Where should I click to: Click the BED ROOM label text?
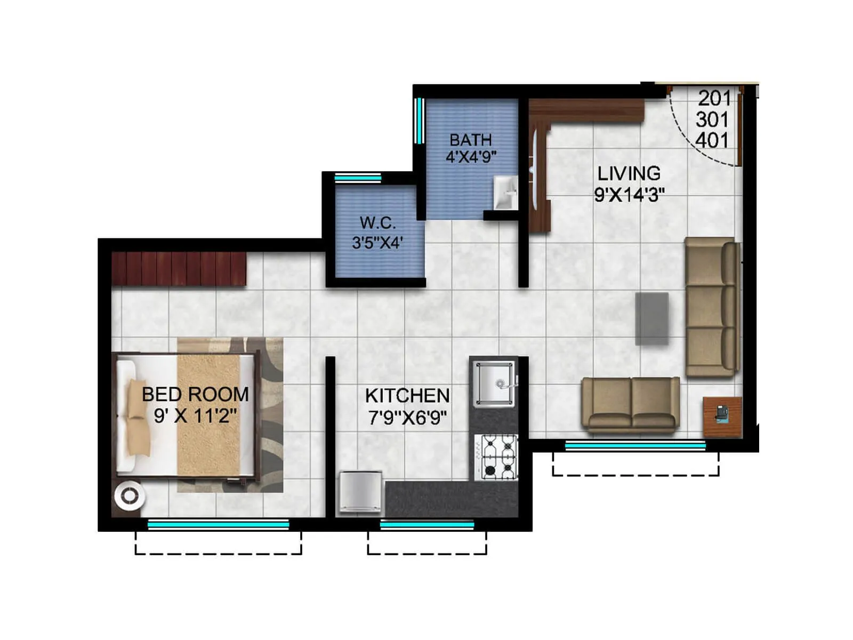click(195, 395)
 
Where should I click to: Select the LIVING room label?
click(629, 173)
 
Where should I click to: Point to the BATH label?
click(470, 140)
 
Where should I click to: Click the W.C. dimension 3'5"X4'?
click(377, 243)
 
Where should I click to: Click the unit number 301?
click(712, 119)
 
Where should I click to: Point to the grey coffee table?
click(651, 318)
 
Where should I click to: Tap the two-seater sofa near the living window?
click(631, 404)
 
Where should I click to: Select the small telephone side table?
click(722, 417)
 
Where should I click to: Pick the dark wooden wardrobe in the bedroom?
click(179, 268)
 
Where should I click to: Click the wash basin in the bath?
click(505, 192)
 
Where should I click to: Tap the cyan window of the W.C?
click(358, 178)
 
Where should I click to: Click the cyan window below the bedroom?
click(218, 525)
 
